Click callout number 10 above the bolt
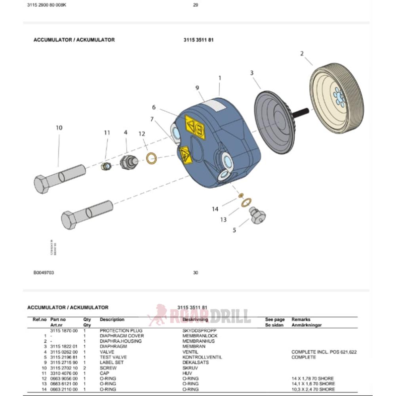59,128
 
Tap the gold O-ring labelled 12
151,159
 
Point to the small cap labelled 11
106,166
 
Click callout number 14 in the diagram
215,209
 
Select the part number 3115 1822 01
64,346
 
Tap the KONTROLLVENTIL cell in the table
202,357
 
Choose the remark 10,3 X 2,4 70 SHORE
313,389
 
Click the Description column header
112,320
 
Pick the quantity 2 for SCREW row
85,368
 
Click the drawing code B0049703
44,272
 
